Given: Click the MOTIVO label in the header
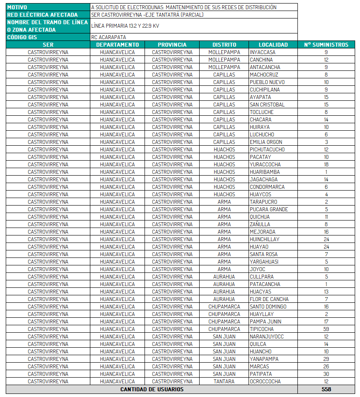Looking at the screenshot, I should (x=17, y=7).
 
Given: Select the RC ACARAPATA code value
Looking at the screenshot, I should (x=108, y=37).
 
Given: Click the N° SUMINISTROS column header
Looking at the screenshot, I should (x=326, y=44).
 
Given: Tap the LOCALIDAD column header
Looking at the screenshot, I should (x=273, y=44).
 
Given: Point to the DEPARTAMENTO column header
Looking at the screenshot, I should (x=117, y=44).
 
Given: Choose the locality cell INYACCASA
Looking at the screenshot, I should (x=263, y=52).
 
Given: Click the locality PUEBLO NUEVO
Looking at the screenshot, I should (x=267, y=82).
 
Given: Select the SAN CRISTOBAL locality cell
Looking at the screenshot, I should (x=267, y=104).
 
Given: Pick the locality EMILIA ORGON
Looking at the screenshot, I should (x=266, y=142).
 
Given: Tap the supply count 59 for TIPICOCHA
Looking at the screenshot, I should (x=326, y=329).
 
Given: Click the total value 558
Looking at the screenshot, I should (x=326, y=389).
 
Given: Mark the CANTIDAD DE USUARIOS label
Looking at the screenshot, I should (x=152, y=389).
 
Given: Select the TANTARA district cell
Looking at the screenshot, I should (x=224, y=381).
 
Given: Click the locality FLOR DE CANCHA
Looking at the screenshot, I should (x=269, y=299).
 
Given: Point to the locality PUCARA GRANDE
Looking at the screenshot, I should (x=268, y=209).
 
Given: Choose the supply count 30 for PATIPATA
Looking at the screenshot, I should (x=326, y=374).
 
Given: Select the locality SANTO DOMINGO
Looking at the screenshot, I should (x=268, y=306).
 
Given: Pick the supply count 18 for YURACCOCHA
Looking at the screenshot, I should (x=326, y=164).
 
